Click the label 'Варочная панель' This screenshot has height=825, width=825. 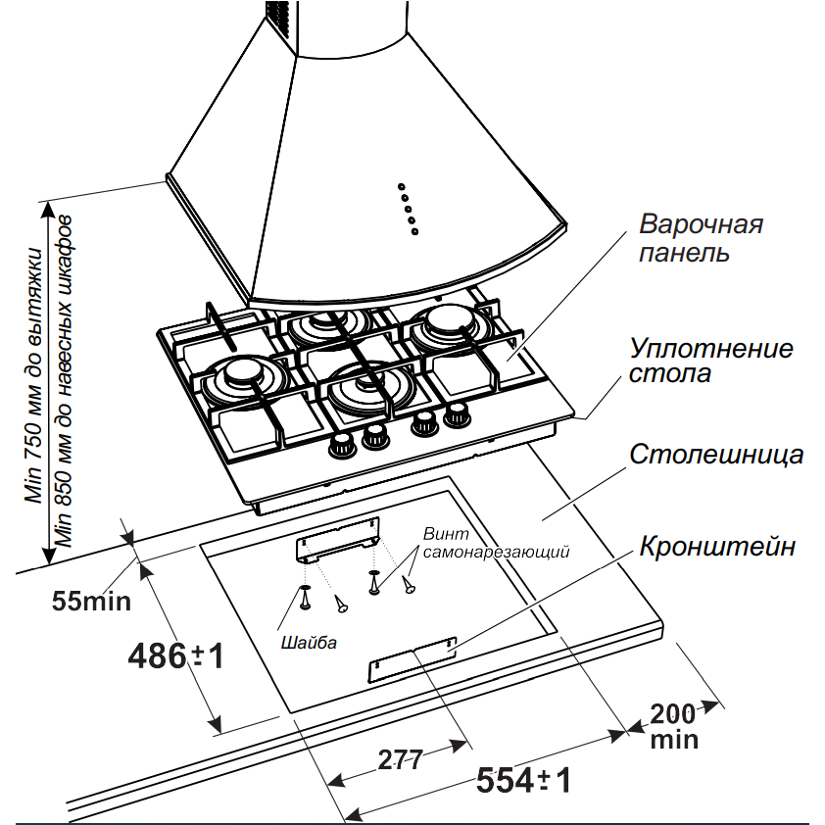point(701,238)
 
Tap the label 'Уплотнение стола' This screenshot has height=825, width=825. point(711,361)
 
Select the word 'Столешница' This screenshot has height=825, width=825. point(716,455)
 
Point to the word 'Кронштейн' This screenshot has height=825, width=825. point(717,547)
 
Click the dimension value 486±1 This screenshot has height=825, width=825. point(177,655)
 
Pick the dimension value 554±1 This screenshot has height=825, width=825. point(523,781)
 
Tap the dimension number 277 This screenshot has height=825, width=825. point(400,758)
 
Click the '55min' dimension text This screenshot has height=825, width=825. point(91,600)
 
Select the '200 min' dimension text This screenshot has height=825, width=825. point(674,724)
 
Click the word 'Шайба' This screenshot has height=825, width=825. point(309,644)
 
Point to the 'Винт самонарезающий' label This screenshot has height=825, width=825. point(496,543)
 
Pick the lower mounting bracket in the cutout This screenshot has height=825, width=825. point(412,659)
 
